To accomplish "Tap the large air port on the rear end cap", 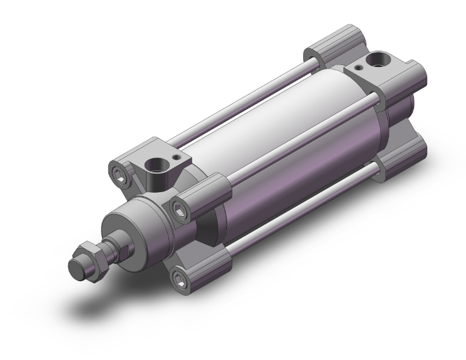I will tap(379, 61).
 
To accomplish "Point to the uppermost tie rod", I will tap(244, 100).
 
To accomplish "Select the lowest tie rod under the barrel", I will tap(301, 207).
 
